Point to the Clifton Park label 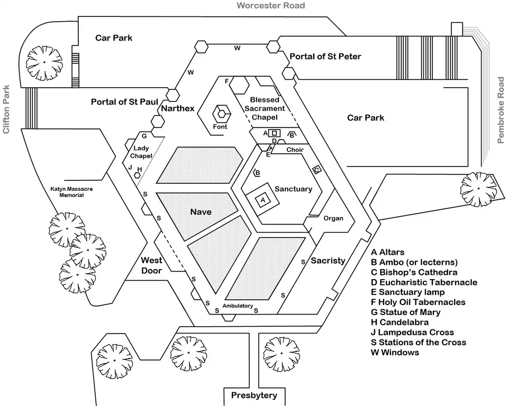click(x=7, y=109)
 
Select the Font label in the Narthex click(x=220, y=127)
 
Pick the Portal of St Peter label click(x=325, y=56)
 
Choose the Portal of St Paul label click(x=124, y=101)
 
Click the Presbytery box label click(x=254, y=395)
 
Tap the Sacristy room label click(x=328, y=261)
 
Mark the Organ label click(x=333, y=218)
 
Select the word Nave click(x=201, y=212)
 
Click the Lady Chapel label click(x=142, y=152)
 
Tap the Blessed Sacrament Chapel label click(x=267, y=108)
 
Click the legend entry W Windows click(x=395, y=352)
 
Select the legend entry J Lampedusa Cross click(x=412, y=332)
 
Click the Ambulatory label click(x=238, y=306)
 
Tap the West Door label click(x=151, y=265)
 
